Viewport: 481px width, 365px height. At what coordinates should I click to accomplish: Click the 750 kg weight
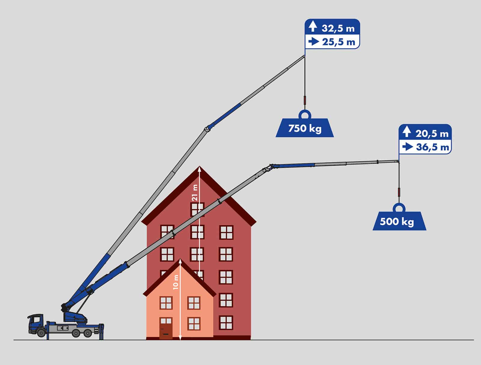[305, 128]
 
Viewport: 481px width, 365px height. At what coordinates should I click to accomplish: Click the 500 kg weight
[399, 222]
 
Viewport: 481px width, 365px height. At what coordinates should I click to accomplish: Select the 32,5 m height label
[338, 28]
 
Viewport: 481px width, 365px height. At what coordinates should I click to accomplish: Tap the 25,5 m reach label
[339, 42]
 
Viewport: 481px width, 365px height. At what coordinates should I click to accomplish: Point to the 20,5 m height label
[432, 133]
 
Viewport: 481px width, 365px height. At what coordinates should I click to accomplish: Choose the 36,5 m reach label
[432, 147]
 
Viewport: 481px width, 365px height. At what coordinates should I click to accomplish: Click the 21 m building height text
[195, 193]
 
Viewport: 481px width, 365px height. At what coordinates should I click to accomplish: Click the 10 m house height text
[176, 282]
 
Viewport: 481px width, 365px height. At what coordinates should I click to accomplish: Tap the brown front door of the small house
[166, 329]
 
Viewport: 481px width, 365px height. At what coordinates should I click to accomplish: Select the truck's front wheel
[41, 333]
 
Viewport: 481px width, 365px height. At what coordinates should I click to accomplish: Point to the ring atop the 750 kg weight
[305, 114]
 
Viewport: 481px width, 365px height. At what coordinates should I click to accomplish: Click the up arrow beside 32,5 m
[313, 27]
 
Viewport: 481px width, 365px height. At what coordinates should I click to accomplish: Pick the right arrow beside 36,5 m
[408, 147]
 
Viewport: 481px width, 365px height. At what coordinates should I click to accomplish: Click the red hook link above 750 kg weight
[305, 99]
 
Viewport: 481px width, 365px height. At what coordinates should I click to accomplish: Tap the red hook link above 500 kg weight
[399, 192]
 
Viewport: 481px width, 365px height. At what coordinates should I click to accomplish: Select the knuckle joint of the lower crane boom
[271, 166]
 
